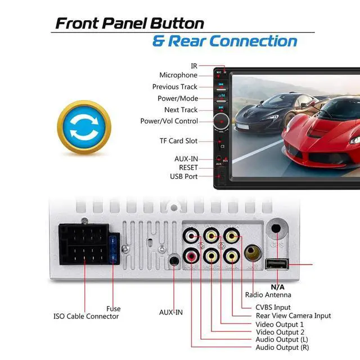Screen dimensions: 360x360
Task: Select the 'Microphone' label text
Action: pos(178,75)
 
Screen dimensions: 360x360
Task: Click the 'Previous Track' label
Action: pos(175,87)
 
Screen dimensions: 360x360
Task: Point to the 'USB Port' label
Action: pos(184,177)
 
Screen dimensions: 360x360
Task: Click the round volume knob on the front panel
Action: pos(221,121)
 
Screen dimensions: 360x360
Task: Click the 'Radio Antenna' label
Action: pos(268,295)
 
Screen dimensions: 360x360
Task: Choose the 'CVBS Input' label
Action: pos(273,307)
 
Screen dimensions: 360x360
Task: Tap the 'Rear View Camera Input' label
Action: pos(294,316)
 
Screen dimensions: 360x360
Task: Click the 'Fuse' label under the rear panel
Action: pos(113,309)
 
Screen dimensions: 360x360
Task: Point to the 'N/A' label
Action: pos(278,286)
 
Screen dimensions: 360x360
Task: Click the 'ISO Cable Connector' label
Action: pos(86,317)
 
